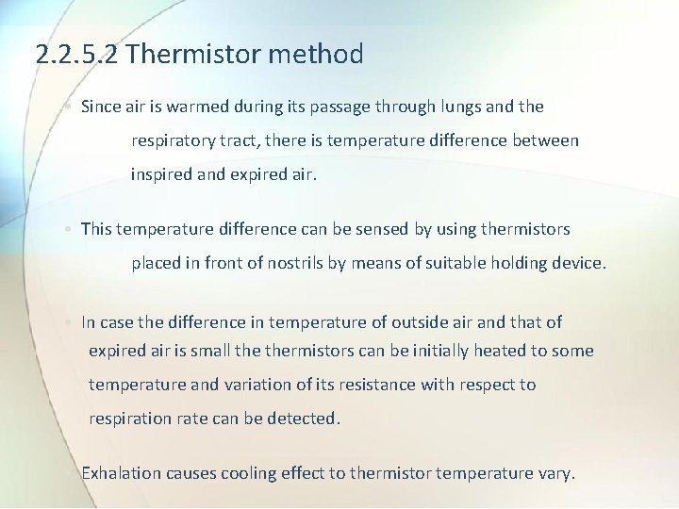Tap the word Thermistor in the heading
pyautogui.click(x=193, y=55)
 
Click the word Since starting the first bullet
pyautogui.click(x=101, y=107)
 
